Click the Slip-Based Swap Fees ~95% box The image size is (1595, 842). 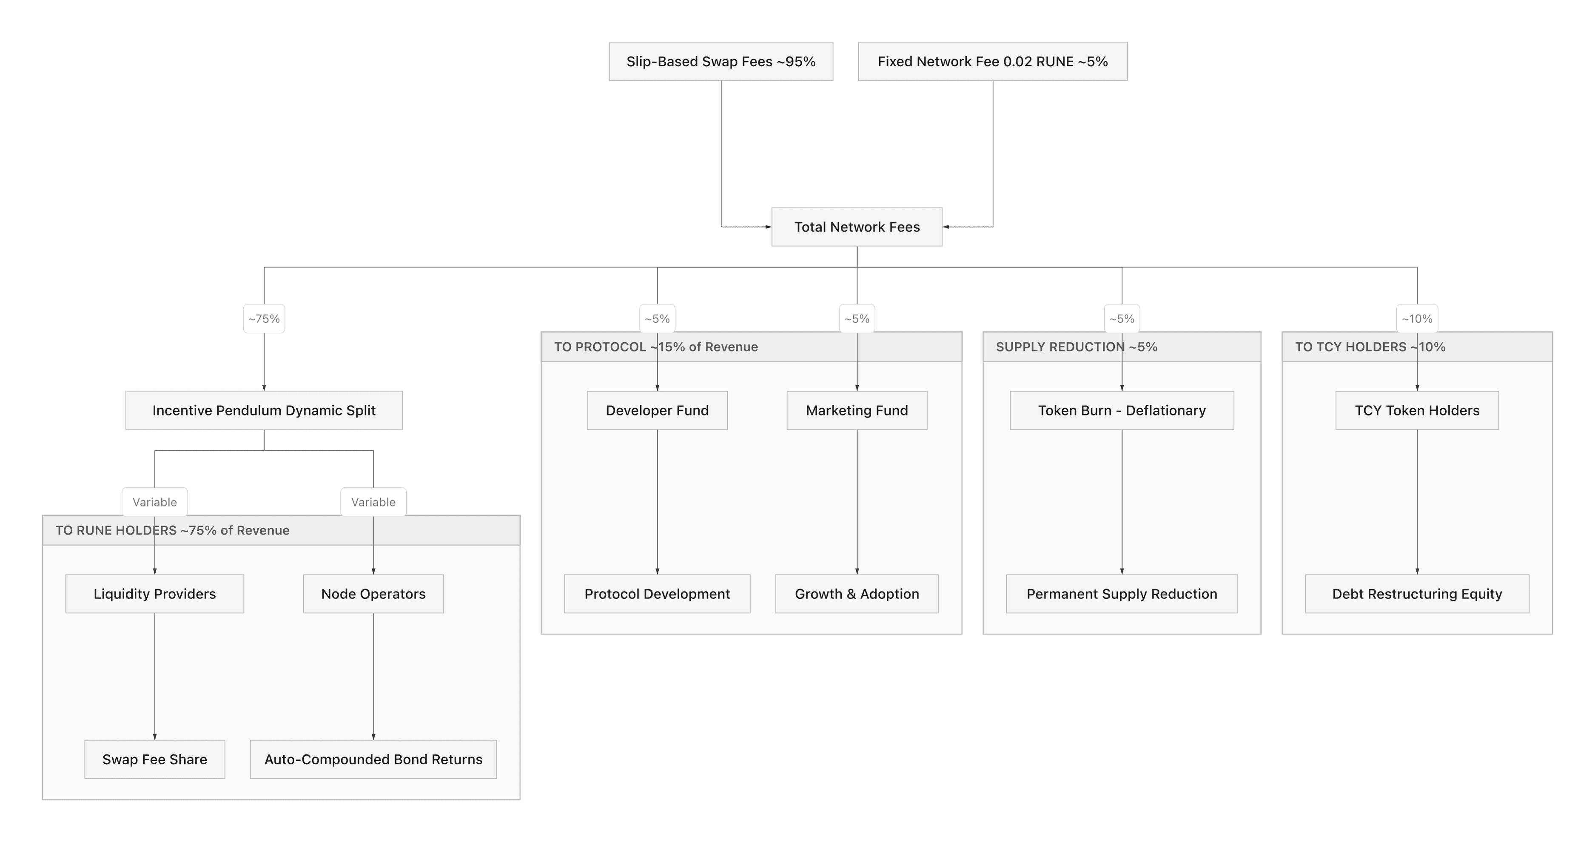pyautogui.click(x=721, y=61)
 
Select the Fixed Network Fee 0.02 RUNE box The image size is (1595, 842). pyautogui.click(x=993, y=61)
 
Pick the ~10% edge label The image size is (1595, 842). pyautogui.click(x=1417, y=319)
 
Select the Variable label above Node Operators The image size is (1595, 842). pyautogui.click(x=373, y=502)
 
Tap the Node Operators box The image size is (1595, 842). pyautogui.click(x=373, y=594)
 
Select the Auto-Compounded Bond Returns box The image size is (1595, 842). pyautogui.click(x=373, y=759)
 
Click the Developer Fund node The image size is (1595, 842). pyautogui.click(x=657, y=410)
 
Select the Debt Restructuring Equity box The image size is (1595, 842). pyautogui.click(x=1417, y=594)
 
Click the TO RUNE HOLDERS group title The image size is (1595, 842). pyautogui.click(x=172, y=530)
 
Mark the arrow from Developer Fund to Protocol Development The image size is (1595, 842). pyautogui.click(x=657, y=501)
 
